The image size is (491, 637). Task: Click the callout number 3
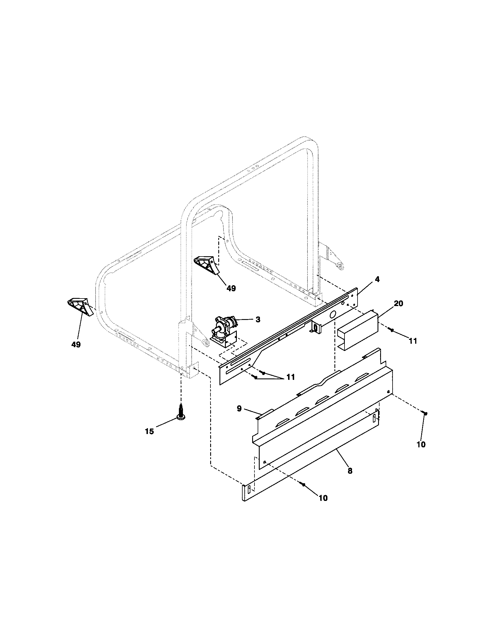coord(258,319)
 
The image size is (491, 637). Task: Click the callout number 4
coord(377,279)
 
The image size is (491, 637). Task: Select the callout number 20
coord(398,303)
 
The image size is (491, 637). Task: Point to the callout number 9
coord(239,409)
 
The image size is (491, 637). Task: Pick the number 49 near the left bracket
coord(76,345)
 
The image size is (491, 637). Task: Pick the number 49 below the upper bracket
coord(231,288)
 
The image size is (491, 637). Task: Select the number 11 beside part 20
coord(413,341)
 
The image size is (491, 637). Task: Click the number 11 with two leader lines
coord(290,377)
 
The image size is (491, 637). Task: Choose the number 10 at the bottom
coord(323,498)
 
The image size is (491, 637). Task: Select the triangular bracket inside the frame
coord(206,264)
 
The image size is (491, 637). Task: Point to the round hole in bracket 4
coord(331,315)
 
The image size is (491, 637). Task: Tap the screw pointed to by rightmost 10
coord(425,413)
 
